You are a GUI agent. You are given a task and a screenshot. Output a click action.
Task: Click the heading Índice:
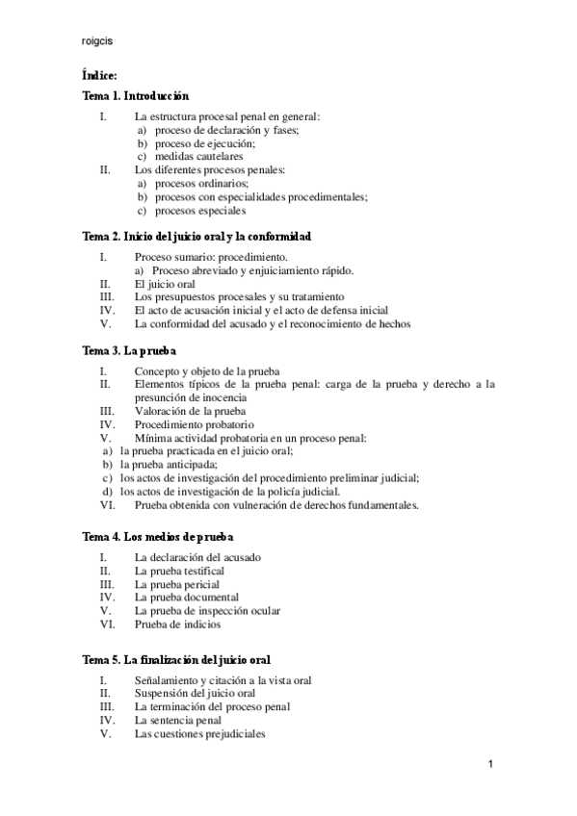click(101, 75)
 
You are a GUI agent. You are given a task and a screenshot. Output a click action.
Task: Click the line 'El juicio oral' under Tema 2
click(166, 285)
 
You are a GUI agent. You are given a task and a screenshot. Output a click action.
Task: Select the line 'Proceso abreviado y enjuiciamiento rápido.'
click(252, 271)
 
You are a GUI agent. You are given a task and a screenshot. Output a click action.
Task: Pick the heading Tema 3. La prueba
click(129, 351)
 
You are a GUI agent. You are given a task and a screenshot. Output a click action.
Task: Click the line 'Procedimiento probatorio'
click(195, 424)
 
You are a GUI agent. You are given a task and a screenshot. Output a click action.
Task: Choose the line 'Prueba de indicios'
click(178, 625)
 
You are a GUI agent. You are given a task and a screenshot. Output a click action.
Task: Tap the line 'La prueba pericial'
click(177, 584)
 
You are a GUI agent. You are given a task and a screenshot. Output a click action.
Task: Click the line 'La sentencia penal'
click(178, 720)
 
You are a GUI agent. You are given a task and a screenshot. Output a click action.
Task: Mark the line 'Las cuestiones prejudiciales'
click(199, 733)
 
